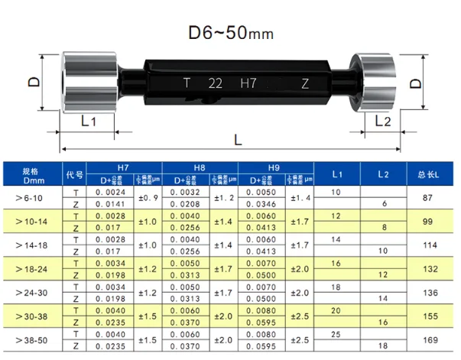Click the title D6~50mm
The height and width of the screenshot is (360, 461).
(230, 34)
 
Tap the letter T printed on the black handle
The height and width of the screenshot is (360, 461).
(187, 82)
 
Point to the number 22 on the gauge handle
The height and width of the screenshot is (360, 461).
(216, 82)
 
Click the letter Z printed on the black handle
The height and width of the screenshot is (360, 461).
(305, 82)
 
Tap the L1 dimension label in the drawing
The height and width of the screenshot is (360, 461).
(89, 121)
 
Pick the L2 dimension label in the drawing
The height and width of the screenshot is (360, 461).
(383, 121)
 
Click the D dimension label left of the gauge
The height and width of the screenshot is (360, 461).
(34, 79)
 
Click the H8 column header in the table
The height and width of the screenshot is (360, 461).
(200, 167)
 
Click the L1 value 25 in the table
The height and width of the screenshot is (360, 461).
(336, 335)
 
